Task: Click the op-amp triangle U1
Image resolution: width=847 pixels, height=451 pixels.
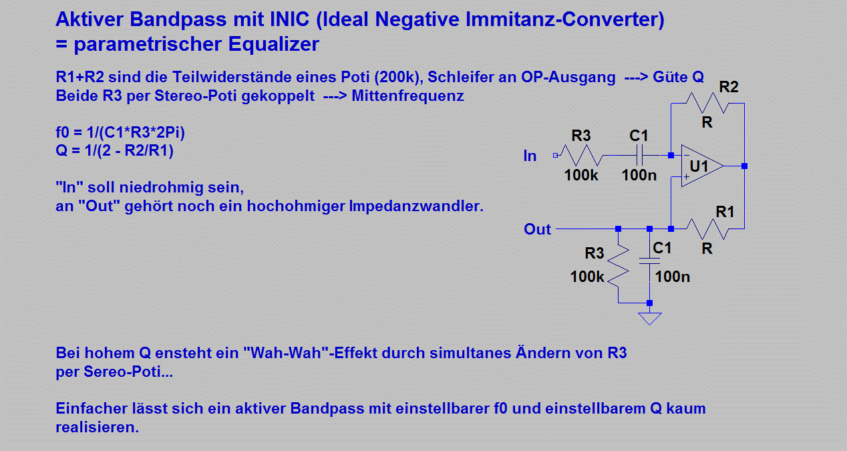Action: [702, 166]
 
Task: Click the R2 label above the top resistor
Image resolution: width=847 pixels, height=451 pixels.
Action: [729, 87]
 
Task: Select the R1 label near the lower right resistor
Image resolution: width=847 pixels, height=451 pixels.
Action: [725, 212]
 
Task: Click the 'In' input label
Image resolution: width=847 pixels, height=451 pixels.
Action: [530, 156]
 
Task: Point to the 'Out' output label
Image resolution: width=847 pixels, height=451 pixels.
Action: [537, 229]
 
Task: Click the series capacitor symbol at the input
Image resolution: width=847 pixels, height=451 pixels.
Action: [639, 156]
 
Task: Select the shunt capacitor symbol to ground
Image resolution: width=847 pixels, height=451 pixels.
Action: [650, 261]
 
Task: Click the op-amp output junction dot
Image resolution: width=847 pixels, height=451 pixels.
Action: [744, 166]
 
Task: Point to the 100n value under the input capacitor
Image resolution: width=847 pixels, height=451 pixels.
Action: [639, 175]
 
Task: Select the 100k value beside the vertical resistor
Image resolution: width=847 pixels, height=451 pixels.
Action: [587, 277]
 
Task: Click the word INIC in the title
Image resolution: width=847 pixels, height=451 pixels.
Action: [290, 19]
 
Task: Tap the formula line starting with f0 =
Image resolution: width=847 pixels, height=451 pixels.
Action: [120, 132]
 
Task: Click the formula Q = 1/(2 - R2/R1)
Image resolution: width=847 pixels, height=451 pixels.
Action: [115, 150]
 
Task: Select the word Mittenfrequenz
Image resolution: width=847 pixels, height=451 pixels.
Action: [407, 96]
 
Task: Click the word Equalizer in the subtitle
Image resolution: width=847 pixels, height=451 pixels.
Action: [274, 44]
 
